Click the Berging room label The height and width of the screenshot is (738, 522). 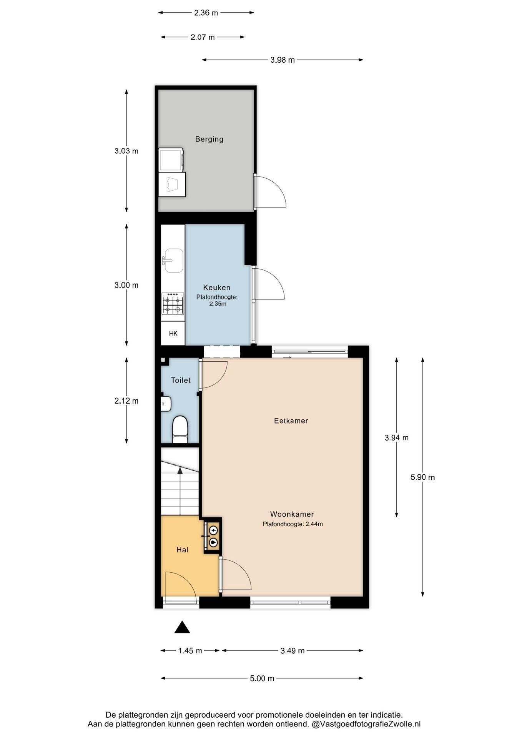click(209, 139)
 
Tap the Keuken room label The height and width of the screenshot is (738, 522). click(217, 288)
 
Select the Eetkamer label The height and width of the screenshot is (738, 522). click(291, 421)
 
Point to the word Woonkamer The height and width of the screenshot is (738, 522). click(292, 514)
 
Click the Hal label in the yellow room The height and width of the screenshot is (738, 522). click(182, 550)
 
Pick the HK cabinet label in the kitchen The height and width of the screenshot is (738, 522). click(173, 334)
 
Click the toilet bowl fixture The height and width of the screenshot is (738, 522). click(180, 429)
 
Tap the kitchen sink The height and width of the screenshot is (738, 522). click(173, 261)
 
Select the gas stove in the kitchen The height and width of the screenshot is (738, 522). click(173, 304)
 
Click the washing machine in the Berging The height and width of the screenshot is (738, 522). click(171, 160)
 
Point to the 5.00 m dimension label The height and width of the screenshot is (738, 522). click(262, 678)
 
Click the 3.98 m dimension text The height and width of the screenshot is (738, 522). click(283, 60)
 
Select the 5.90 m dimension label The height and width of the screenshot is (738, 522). click(423, 477)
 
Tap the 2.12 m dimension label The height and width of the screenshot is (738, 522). click(126, 401)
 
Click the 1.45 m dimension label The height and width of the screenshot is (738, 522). click(190, 651)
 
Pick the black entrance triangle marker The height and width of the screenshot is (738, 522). click(182, 627)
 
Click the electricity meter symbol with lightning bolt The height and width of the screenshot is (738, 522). click(213, 531)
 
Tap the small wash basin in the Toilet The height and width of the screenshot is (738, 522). click(166, 404)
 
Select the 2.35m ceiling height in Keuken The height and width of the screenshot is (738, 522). click(218, 304)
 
